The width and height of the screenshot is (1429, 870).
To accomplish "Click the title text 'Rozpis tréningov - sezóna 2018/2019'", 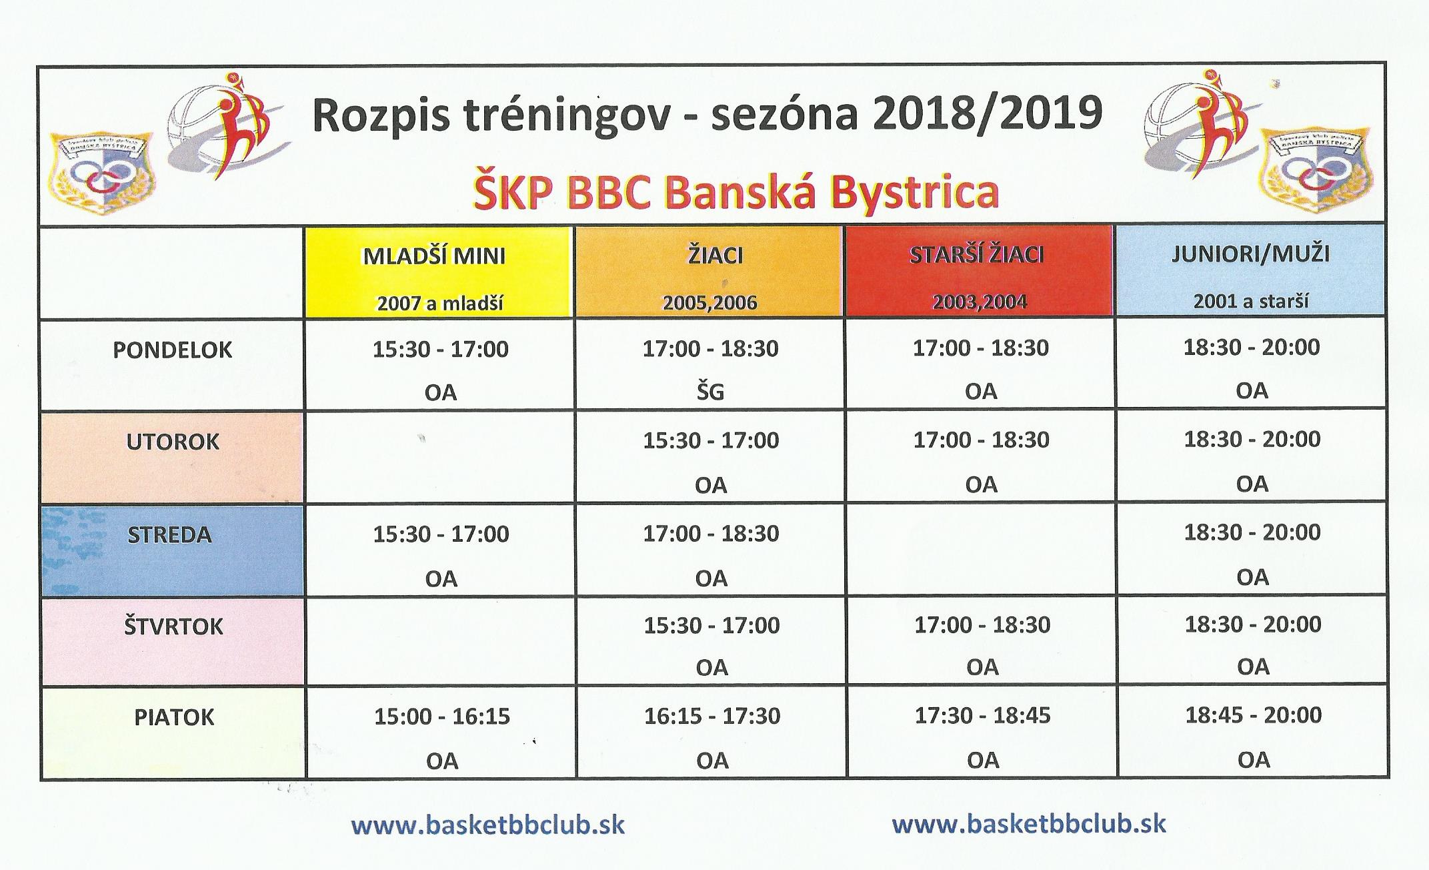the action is [x=707, y=115].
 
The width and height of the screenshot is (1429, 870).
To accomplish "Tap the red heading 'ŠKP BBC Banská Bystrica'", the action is [x=736, y=192].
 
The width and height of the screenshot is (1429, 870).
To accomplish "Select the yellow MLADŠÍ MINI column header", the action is [x=439, y=272].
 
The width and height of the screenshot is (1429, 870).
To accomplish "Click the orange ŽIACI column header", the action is [x=709, y=272].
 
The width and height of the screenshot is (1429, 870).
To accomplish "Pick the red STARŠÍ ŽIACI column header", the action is [x=979, y=271].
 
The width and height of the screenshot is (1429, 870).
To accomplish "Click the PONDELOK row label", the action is [x=172, y=350].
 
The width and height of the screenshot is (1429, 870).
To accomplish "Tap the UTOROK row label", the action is [x=173, y=442].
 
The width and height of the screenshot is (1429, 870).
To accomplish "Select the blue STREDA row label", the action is [x=169, y=535].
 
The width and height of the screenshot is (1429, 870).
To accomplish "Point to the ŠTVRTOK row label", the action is [x=173, y=626].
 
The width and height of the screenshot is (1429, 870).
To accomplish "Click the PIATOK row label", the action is [x=174, y=718].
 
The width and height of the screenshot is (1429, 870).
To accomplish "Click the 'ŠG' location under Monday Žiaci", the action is [x=710, y=391].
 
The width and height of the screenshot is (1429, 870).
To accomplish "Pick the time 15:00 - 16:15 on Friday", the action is [x=442, y=717].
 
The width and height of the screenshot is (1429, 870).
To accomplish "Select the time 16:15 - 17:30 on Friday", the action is [x=712, y=716].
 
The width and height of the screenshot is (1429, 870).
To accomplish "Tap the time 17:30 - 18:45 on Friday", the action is [x=982, y=715].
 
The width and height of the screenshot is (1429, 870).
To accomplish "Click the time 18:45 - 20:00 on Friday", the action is [x=1254, y=715].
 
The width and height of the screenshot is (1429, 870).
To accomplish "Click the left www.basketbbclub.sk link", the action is [x=488, y=825].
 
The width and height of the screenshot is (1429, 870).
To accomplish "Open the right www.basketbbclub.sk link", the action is [x=1029, y=823].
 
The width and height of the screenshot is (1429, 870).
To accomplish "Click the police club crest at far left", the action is [x=102, y=170].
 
